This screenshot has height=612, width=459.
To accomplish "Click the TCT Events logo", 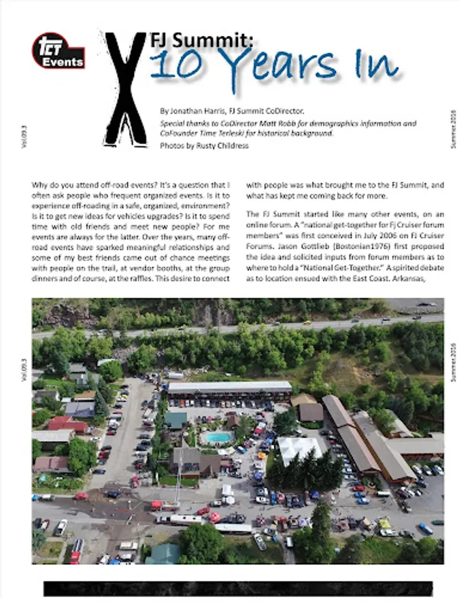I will [58, 52].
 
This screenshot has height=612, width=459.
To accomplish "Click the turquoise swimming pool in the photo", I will [219, 437].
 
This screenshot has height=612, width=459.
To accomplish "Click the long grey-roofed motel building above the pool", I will [229, 388].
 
